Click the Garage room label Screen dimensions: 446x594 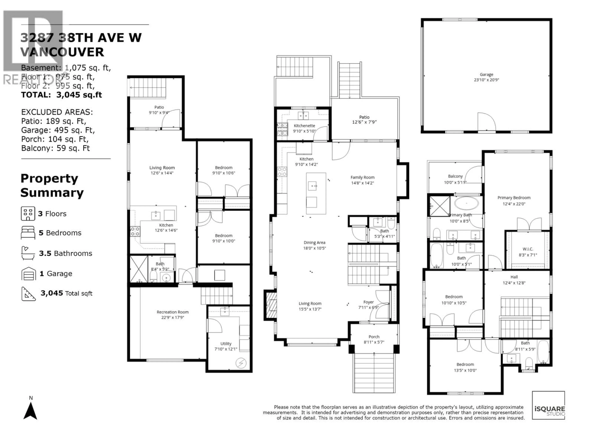pyautogui.click(x=486, y=74)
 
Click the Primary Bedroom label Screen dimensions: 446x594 pyautogui.click(x=514, y=198)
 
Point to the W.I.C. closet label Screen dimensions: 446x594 pyautogui.click(x=528, y=249)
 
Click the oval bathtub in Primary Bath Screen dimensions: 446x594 pyautogui.click(x=466, y=203)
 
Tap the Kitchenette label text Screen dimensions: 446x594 pyautogui.click(x=304, y=126)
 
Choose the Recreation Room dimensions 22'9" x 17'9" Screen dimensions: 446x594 pyautogui.click(x=173, y=317)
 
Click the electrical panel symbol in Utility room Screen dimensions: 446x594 pyautogui.click(x=241, y=363)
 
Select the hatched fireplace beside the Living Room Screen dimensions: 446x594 pyautogui.click(x=271, y=305)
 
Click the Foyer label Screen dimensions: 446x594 pyautogui.click(x=368, y=302)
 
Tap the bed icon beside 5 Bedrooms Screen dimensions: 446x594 pyautogui.click(x=28, y=233)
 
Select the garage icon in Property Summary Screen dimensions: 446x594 pyautogui.click(x=28, y=274)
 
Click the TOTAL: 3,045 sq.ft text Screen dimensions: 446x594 pyautogui.click(x=62, y=95)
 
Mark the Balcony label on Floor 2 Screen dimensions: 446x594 pyautogui.click(x=455, y=176)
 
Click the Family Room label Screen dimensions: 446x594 pyautogui.click(x=362, y=177)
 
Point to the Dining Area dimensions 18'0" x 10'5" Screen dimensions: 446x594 pyautogui.click(x=314, y=248)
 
